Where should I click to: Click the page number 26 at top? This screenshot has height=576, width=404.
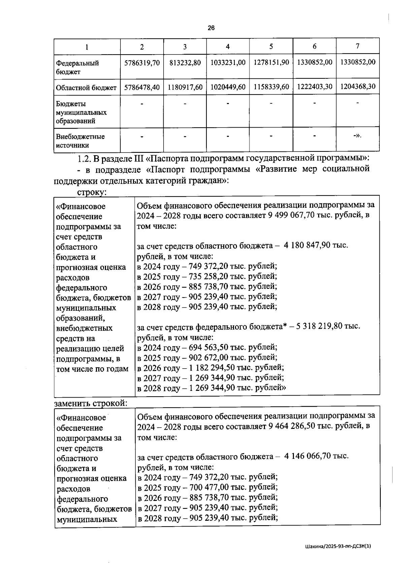[x=211, y=28]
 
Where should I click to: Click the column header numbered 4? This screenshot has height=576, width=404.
[x=228, y=47]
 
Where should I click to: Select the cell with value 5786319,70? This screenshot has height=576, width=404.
[x=142, y=63]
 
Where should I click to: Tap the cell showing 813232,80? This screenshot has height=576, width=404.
[x=185, y=63]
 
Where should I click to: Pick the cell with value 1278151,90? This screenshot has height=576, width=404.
[x=271, y=62]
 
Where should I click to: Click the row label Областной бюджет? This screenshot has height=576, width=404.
[x=87, y=88]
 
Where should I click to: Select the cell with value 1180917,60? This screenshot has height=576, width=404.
[x=185, y=87]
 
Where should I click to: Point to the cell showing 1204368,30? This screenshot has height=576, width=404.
[x=358, y=87]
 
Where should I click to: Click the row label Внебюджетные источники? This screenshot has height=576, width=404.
[x=80, y=141]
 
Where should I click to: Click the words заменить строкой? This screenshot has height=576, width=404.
[x=91, y=403]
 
